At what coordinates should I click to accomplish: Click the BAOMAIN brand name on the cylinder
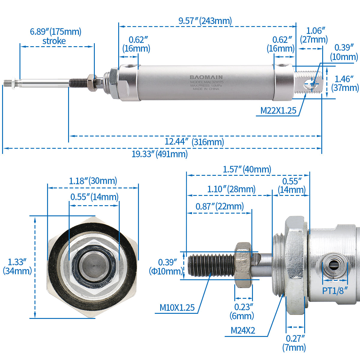[206, 77]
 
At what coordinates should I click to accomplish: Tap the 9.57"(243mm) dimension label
[205, 21]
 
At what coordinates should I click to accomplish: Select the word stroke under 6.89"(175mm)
[54, 41]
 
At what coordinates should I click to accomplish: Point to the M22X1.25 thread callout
[278, 111]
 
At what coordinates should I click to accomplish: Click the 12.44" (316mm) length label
[194, 142]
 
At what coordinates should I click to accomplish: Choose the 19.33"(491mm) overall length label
[160, 154]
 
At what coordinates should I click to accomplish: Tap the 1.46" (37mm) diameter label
[345, 83]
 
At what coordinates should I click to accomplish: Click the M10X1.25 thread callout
[177, 307]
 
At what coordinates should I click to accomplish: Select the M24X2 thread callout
[243, 331]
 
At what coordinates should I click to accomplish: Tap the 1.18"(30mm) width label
[93, 181]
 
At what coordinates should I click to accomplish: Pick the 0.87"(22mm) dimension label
[220, 206]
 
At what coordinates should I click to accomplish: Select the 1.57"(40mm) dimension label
[247, 169]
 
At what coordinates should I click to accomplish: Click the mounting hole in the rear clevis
[311, 84]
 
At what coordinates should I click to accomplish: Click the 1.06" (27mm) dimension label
[314, 35]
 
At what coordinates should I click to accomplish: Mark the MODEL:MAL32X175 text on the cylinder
[207, 82]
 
